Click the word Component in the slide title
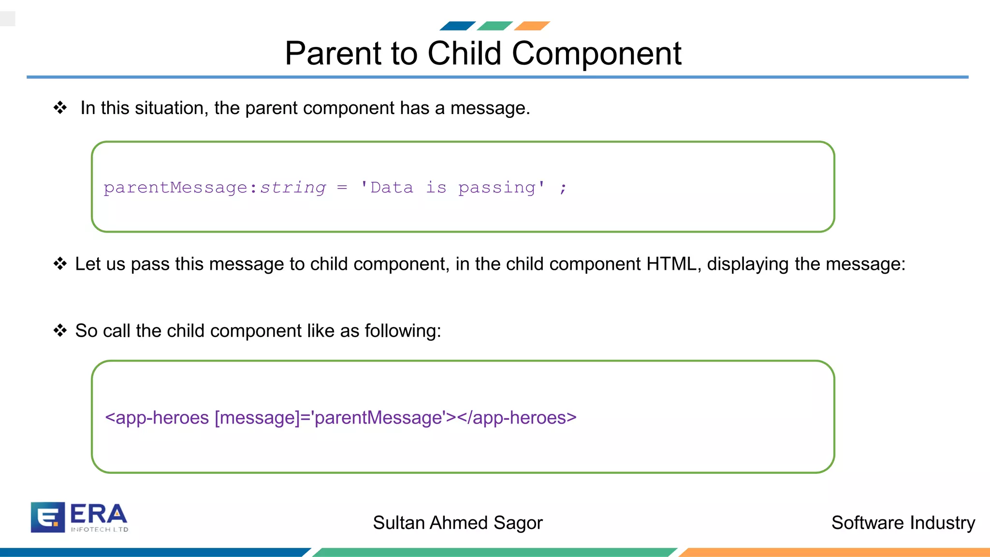point(596,53)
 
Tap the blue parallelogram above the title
point(457,26)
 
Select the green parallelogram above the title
point(495,26)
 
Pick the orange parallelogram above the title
point(532,26)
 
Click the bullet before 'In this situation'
point(60,107)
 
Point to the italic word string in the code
point(293,188)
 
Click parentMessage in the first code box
point(176,188)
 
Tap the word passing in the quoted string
point(497,188)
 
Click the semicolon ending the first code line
point(563,188)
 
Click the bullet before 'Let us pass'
point(60,264)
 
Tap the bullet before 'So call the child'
point(60,330)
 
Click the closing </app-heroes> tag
point(516,417)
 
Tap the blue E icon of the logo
point(47,517)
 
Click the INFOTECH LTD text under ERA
point(100,529)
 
